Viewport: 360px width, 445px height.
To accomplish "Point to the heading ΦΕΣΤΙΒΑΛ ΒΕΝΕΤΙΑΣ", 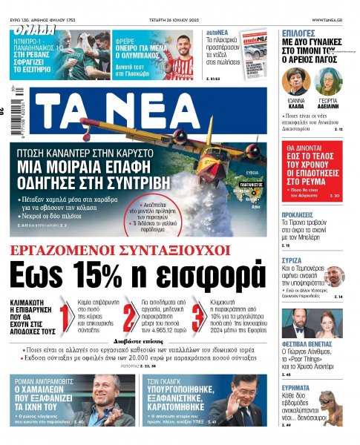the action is [308, 345].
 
